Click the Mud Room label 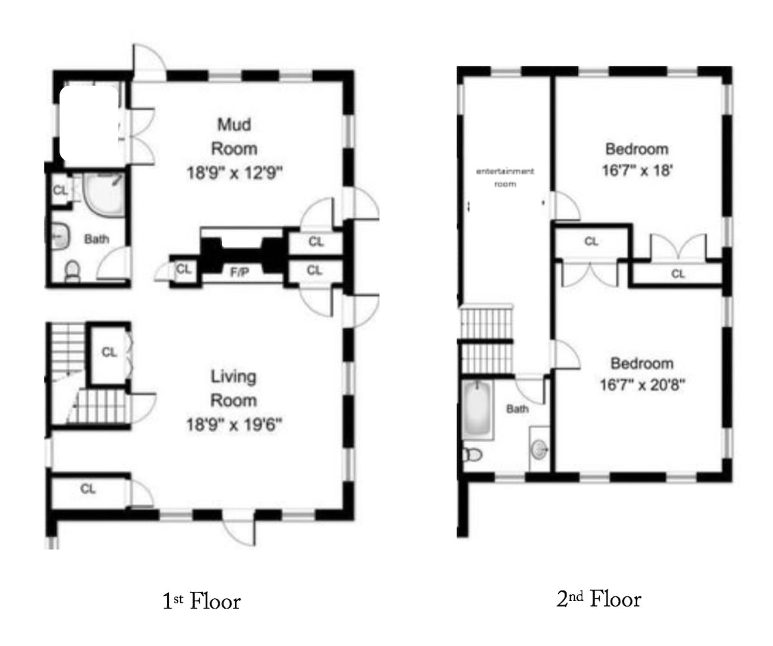(x=234, y=137)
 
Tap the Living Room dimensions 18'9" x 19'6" (x=234, y=424)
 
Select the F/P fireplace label (x=239, y=273)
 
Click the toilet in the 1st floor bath (x=72, y=271)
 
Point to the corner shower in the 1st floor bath (x=104, y=194)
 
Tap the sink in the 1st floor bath (x=59, y=236)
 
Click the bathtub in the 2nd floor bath (x=477, y=409)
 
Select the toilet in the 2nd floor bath (x=472, y=455)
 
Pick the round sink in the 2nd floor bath (x=539, y=449)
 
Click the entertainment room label (x=505, y=177)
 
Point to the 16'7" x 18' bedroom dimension (x=637, y=170)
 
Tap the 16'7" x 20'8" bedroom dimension (x=642, y=385)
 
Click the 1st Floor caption (x=202, y=601)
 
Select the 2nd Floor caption (x=598, y=599)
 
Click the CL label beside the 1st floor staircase (x=110, y=352)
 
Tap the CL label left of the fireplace (x=184, y=269)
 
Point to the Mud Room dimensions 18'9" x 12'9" (x=234, y=173)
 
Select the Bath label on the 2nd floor (x=517, y=409)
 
